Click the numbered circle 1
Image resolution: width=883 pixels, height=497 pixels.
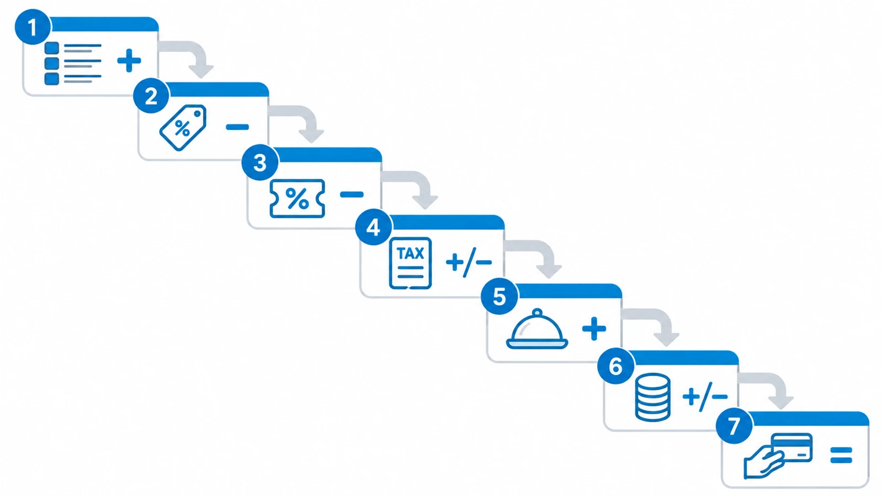click(x=33, y=27)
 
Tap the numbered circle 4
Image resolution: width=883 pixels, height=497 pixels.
click(x=373, y=228)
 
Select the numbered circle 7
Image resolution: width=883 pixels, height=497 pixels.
click(x=734, y=426)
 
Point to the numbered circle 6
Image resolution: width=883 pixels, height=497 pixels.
click(x=616, y=366)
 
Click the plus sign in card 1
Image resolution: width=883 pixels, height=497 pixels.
click(x=129, y=61)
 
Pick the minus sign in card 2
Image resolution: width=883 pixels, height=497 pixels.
click(x=237, y=126)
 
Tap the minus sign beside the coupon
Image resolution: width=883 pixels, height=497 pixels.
click(x=352, y=194)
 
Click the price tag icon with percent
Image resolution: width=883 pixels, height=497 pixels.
click(x=183, y=128)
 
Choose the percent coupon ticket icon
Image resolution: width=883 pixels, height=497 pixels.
click(x=297, y=198)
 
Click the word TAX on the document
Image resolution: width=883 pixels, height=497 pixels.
click(x=411, y=253)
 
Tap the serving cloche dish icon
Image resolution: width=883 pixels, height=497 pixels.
click(x=537, y=329)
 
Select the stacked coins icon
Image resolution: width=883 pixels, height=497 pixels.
click(x=653, y=398)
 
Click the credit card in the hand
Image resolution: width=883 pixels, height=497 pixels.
click(x=791, y=447)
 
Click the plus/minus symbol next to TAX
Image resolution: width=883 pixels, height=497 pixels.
click(x=469, y=262)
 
